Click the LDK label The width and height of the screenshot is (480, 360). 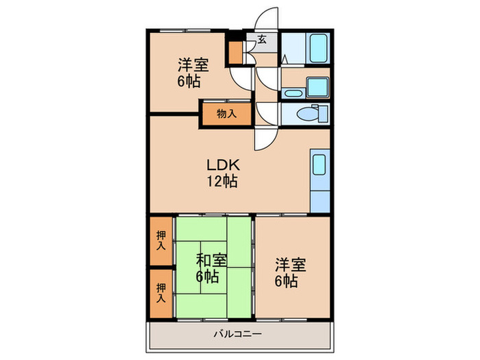point(223,165)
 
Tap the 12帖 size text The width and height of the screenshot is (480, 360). point(222,181)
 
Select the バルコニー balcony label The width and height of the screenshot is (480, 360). point(237,334)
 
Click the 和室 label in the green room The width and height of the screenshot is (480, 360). point(211,261)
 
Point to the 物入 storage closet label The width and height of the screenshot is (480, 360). point(226,114)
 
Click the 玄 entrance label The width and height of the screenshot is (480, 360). point(262,39)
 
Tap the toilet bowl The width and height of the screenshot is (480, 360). point(308,115)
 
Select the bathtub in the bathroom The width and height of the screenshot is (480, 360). point(318,48)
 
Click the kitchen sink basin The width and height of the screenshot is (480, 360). point(319,165)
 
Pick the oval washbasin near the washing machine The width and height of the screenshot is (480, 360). point(293,93)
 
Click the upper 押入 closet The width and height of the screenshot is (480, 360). point(161,241)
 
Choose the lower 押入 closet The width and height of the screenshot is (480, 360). point(161,293)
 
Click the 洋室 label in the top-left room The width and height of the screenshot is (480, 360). point(193,65)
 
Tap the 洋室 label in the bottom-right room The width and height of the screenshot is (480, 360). point(291,265)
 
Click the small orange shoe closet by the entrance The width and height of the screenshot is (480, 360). point(236,52)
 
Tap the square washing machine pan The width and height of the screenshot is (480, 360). point(317,87)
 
